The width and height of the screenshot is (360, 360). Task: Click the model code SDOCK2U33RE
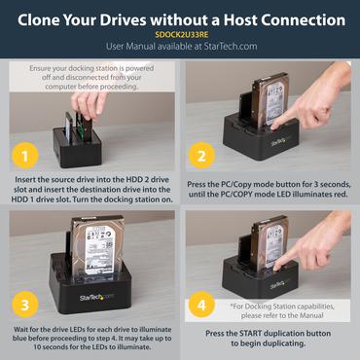tap(180, 33)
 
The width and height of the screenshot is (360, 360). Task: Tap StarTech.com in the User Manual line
tap(227, 45)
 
